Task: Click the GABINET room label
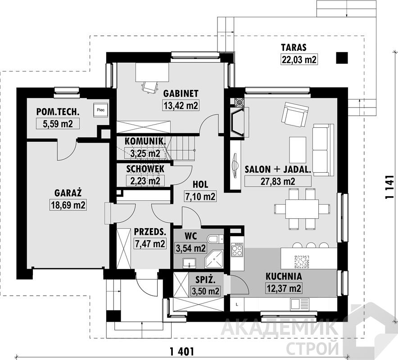[181, 93]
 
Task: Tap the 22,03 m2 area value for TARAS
[299, 59]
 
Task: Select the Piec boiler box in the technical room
[101, 110]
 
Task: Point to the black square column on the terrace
[342, 58]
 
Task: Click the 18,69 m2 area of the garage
[68, 204]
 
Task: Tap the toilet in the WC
[214, 239]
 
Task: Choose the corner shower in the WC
[214, 259]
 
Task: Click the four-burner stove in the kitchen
[237, 249]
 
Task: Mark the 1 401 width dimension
[182, 351]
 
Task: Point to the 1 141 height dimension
[389, 187]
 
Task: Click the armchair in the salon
[295, 114]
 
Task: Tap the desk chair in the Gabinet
[150, 86]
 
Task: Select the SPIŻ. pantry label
[206, 280]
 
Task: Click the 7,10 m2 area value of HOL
[200, 196]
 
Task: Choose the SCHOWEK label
[145, 169]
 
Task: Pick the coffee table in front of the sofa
[298, 150]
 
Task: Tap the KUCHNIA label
[284, 276]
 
